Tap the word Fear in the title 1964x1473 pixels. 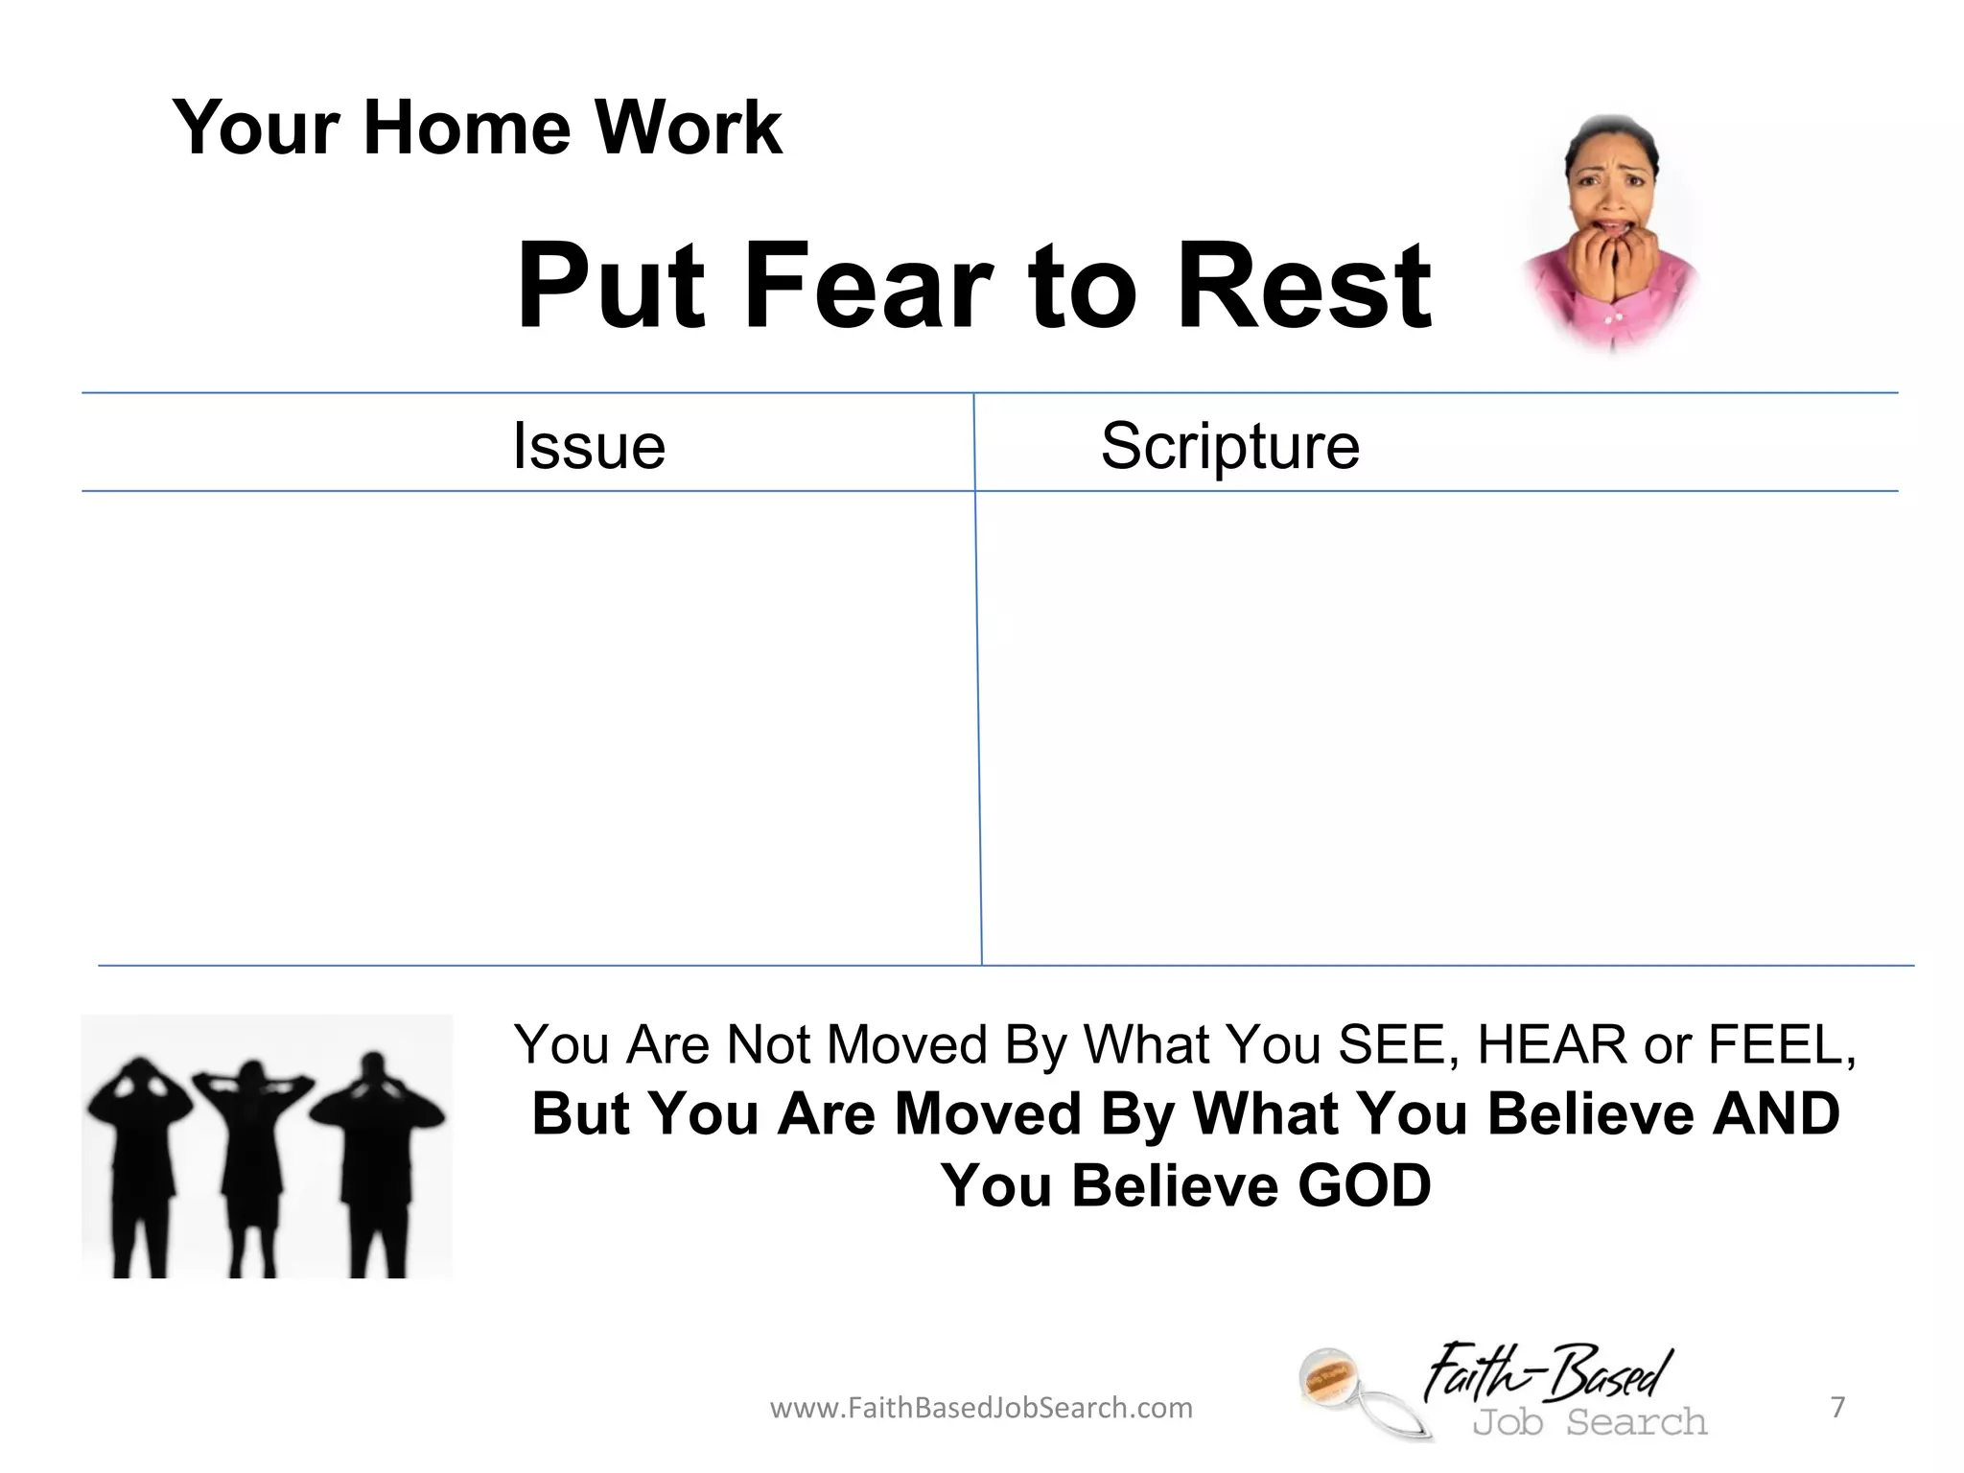coord(867,285)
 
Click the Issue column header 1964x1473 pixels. coord(589,446)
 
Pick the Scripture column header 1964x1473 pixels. coord(1229,446)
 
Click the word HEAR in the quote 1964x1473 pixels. coord(1552,1044)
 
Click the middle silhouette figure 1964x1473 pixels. coord(252,1160)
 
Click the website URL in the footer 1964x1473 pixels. coord(981,1408)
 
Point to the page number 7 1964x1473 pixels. coord(1837,1407)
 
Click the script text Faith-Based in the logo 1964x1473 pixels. coord(1549,1372)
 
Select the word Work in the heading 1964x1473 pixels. coord(688,128)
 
